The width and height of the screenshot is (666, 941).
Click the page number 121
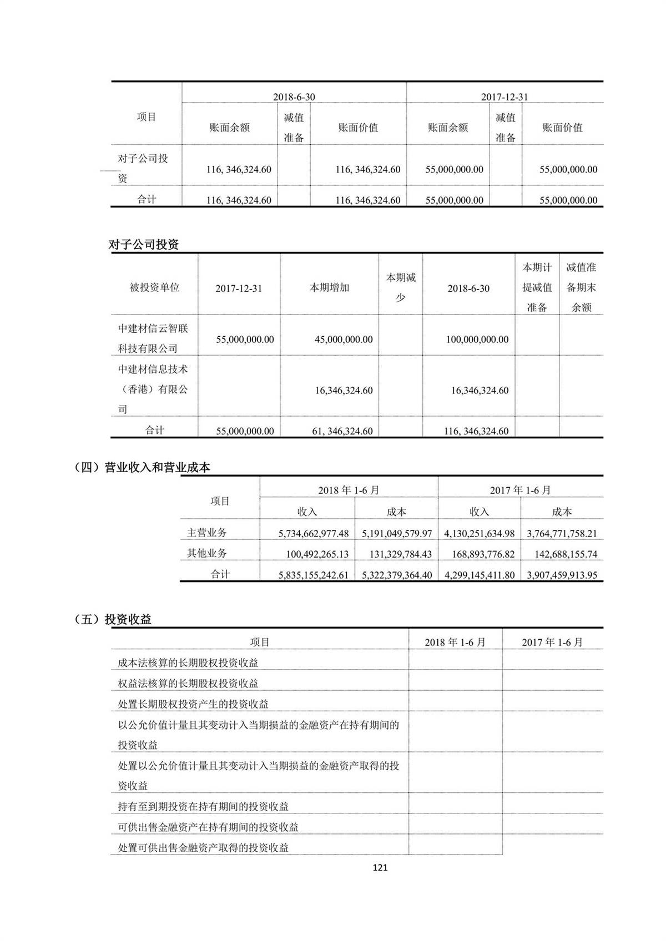380,867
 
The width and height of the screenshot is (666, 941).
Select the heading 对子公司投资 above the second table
144,244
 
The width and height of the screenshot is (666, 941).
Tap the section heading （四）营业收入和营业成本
142,467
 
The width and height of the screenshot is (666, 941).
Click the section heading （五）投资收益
113,619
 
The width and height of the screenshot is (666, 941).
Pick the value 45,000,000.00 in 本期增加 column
344,340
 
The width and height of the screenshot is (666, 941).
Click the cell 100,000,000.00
477,340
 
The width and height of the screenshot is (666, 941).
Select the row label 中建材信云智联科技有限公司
153,338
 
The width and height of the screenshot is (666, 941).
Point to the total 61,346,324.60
342,431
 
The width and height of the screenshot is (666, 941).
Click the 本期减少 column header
401,287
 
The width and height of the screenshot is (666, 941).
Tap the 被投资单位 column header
154,287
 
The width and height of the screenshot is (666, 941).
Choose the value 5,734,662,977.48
314,533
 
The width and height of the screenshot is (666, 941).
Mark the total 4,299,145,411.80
480,575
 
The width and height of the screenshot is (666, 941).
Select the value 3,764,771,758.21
562,533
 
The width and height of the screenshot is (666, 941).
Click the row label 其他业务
207,553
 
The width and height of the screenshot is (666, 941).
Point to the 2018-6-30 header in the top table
294,97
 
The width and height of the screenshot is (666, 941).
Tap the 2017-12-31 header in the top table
504,97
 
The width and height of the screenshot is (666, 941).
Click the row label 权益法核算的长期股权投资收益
188,683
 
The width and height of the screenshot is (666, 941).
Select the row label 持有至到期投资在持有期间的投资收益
203,806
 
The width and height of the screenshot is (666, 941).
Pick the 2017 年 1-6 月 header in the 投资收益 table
552,642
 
